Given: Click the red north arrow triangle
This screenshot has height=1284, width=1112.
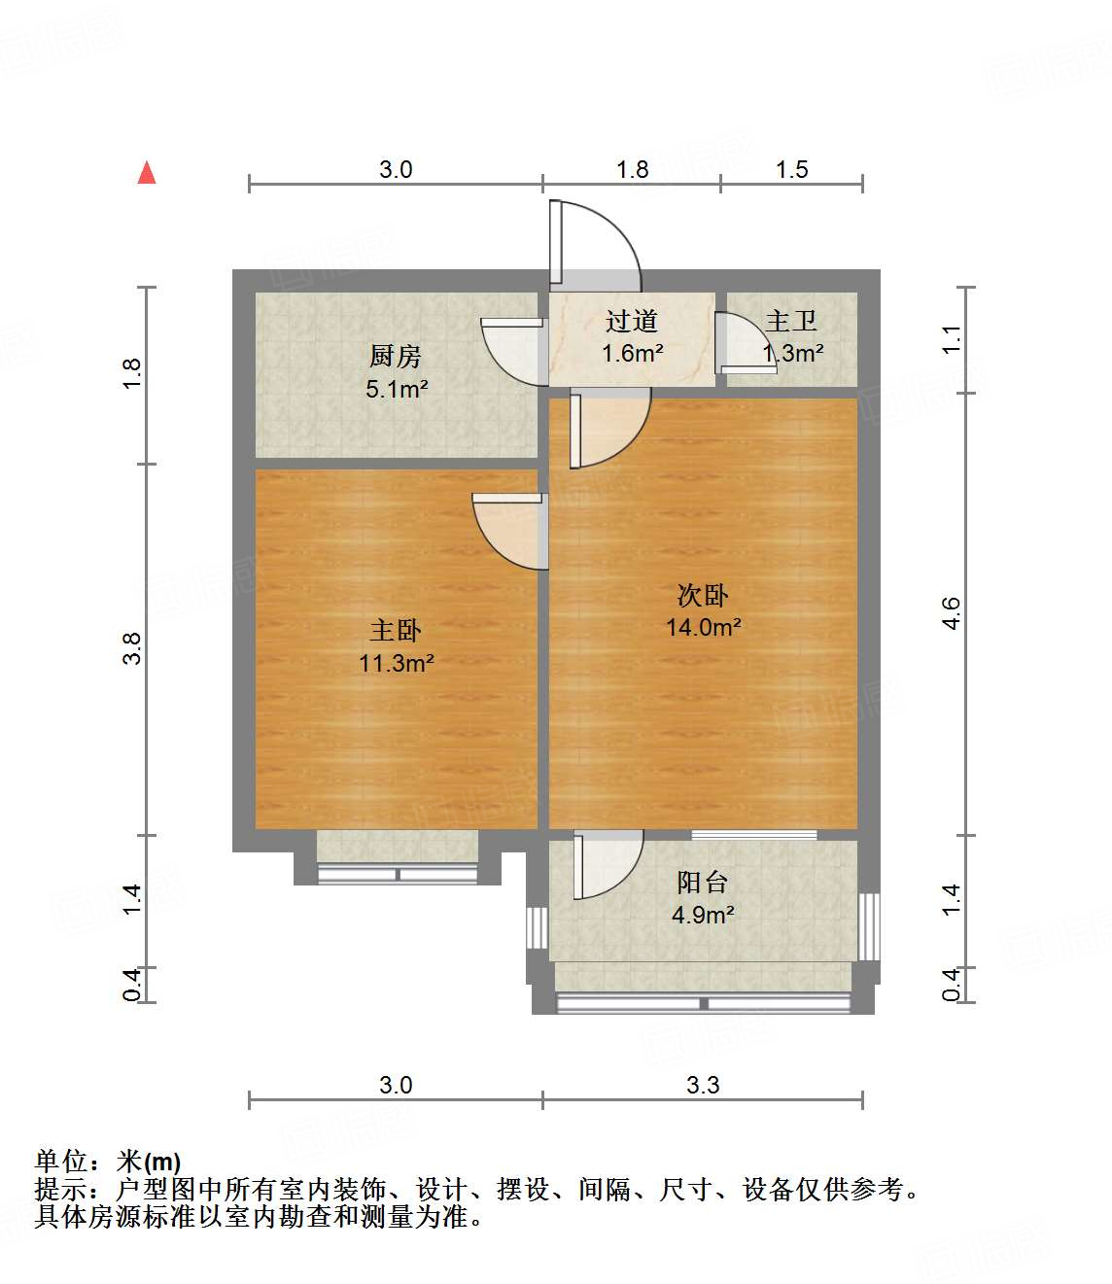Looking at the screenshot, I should tap(147, 173).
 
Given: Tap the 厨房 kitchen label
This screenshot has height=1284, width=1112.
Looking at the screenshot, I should tap(396, 356).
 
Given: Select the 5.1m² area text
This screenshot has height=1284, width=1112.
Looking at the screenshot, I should tap(397, 390).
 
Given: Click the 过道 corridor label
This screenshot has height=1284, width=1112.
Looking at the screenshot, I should tap(632, 321).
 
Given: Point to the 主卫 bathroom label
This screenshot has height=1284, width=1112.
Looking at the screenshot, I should tap(791, 321).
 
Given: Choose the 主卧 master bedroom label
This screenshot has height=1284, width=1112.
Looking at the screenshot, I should tap(396, 631).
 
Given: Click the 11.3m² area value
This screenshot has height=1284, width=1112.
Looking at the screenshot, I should tap(397, 664).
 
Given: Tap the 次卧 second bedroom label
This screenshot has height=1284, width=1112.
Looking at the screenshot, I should tap(703, 595).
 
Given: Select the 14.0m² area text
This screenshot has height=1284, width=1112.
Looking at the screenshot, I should tap(703, 628).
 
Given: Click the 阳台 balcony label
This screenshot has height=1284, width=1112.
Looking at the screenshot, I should tap(703, 882).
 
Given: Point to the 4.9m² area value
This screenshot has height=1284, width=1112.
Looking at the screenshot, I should tap(703, 915).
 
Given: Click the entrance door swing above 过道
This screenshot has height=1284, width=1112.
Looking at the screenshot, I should tap(595, 243).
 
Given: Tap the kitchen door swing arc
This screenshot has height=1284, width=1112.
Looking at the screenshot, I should tap(512, 350).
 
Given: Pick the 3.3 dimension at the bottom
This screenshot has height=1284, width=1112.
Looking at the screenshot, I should tap(703, 1085).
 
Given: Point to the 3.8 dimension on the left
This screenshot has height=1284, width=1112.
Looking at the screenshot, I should tap(132, 648).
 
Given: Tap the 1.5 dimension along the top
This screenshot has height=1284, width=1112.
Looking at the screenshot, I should tap(791, 170).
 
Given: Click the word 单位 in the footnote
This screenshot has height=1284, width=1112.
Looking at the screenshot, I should tap(61, 1161).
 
